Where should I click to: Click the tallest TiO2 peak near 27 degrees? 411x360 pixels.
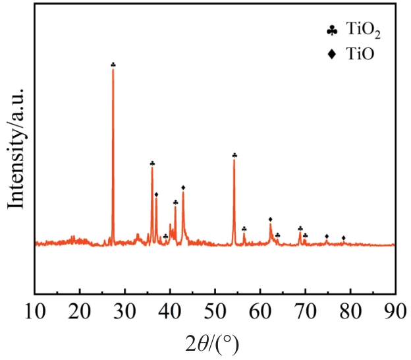[113, 73]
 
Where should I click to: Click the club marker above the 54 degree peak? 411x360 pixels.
[234, 155]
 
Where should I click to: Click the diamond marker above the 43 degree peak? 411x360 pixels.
[183, 187]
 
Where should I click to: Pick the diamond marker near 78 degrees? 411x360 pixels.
[343, 237]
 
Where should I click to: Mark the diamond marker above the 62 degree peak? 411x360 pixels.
[271, 219]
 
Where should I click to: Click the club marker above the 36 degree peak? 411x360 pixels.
[152, 163]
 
